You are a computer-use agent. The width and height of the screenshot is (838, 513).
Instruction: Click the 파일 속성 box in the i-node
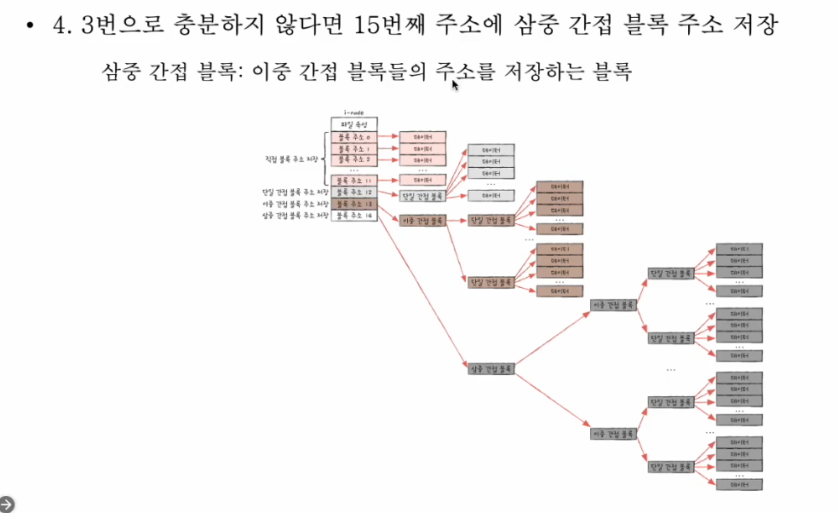click(x=353, y=124)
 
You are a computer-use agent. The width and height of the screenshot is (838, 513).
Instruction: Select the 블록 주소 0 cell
click(x=353, y=136)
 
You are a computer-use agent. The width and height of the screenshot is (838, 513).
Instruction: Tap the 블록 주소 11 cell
click(x=353, y=180)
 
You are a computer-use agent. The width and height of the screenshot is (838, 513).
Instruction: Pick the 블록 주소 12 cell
click(x=353, y=193)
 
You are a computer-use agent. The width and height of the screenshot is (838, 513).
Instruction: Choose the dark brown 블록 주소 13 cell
click(x=353, y=205)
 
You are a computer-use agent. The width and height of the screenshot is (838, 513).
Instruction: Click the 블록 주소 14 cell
click(x=353, y=216)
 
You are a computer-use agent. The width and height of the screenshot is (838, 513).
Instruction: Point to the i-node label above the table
click(x=353, y=112)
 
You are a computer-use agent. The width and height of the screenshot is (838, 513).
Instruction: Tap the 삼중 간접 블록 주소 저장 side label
click(x=295, y=216)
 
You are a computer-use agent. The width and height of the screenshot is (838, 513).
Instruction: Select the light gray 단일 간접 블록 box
click(x=423, y=195)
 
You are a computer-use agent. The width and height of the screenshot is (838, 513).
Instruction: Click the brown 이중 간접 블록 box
click(x=423, y=220)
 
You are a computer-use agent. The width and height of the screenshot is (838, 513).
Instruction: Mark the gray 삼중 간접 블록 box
click(x=491, y=368)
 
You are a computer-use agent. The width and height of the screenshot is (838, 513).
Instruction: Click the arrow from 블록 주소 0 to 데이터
click(x=388, y=136)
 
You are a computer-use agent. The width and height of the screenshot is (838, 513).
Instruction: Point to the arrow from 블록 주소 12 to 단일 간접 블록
click(x=388, y=194)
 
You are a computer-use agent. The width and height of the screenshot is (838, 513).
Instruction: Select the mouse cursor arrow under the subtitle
click(x=456, y=84)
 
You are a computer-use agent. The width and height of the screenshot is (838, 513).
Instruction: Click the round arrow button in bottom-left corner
click(x=6, y=504)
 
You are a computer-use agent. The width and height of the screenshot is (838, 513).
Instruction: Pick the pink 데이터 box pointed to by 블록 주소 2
click(x=423, y=160)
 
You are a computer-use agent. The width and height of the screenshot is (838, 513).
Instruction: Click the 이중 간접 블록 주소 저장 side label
click(x=295, y=205)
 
